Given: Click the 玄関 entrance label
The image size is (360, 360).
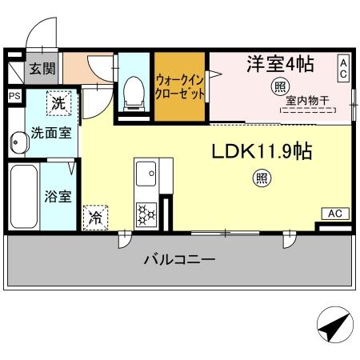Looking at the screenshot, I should point(42,68).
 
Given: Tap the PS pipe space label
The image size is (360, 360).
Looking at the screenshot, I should point(14,95).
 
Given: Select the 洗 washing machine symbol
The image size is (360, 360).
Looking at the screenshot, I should point(58,103).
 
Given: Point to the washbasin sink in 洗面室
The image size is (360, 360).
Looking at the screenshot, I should point(18,142).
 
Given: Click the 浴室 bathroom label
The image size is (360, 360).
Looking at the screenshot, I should point(57,196).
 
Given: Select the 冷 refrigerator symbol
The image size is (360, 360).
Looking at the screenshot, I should point(95,216).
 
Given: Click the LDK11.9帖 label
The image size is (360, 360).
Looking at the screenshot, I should point(261,152).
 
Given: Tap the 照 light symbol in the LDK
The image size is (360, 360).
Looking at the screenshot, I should point(262,178).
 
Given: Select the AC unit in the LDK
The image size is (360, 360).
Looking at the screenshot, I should point(335,214).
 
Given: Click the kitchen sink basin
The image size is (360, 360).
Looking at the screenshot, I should point(146,171).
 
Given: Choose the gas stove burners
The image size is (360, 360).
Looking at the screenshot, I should point(147,214).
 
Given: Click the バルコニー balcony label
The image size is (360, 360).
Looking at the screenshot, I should point(179,260).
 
